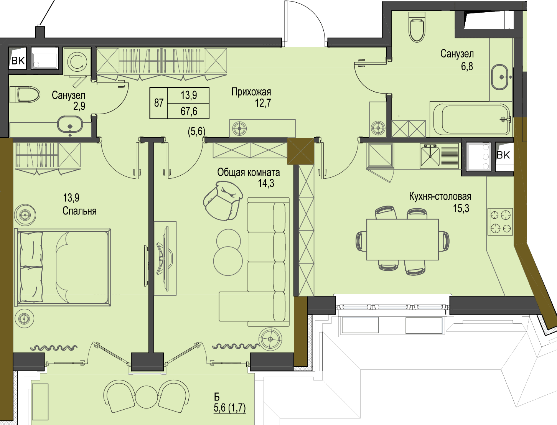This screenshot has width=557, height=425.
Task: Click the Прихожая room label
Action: click(x=251, y=92)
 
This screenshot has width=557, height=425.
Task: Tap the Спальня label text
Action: click(x=79, y=211)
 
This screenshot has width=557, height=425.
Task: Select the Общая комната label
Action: click(x=249, y=173)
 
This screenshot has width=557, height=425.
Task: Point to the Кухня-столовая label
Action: click(x=440, y=196)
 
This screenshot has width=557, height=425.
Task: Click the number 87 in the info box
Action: click(x=159, y=103)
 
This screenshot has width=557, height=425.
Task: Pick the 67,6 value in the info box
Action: click(x=189, y=111)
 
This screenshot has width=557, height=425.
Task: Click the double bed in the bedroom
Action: click(x=63, y=267)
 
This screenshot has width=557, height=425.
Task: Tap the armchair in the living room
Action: click(x=223, y=201)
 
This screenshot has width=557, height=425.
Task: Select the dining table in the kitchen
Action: click(x=403, y=240)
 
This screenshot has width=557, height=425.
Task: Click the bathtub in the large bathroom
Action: click(x=471, y=119)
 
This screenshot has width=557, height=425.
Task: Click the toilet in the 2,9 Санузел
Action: click(x=25, y=95)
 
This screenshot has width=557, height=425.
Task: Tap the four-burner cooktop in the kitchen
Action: click(x=500, y=221)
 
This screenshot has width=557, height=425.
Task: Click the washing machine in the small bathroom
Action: click(x=77, y=61)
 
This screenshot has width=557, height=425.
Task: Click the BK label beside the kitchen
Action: click(x=503, y=155)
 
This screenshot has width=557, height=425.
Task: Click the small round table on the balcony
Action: click(x=147, y=397)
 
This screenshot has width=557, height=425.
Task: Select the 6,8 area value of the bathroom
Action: click(x=467, y=66)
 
